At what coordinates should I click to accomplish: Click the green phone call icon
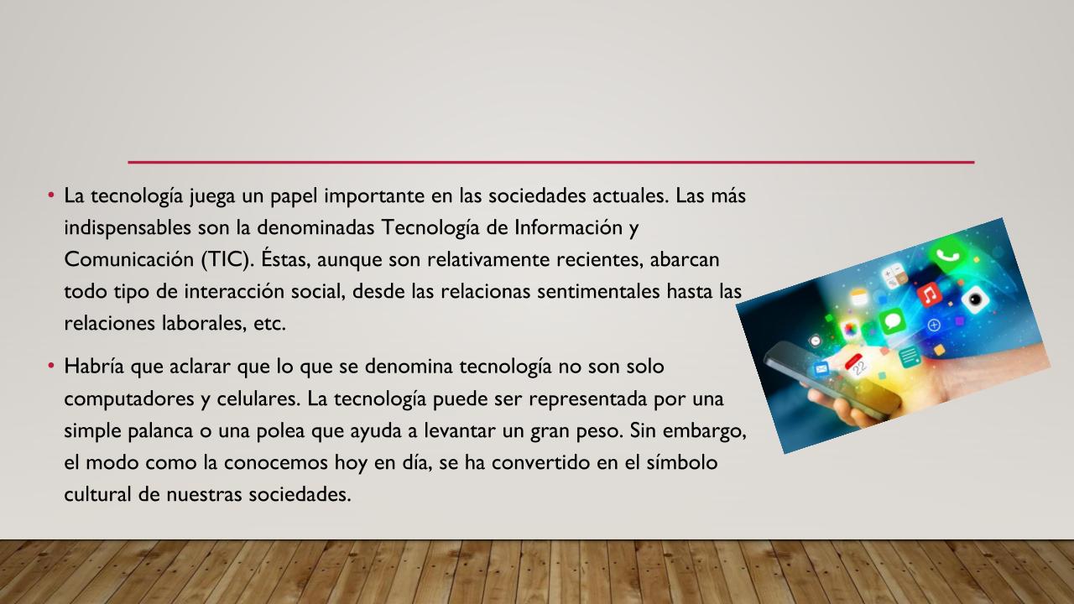click(947, 255)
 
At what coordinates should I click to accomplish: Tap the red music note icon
click(929, 294)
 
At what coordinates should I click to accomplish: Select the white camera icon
click(975, 299)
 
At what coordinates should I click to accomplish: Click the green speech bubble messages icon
click(892, 320)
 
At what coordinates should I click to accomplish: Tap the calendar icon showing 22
click(857, 366)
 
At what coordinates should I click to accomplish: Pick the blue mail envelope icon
click(821, 369)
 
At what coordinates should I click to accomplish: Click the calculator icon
click(894, 276)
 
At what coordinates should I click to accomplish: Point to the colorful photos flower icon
click(850, 330)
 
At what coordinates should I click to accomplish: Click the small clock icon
click(815, 341)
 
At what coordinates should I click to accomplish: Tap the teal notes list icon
click(909, 357)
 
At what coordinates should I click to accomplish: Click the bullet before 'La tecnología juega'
click(51, 195)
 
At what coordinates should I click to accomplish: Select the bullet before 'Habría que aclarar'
click(51, 366)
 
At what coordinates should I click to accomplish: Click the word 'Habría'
click(94, 366)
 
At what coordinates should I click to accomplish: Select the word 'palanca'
click(160, 431)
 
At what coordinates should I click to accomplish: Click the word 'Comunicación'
click(129, 259)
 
